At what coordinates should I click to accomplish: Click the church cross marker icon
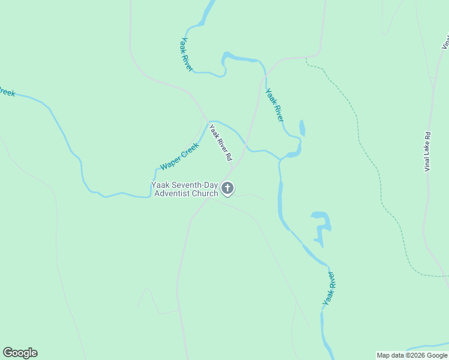coord(228,188)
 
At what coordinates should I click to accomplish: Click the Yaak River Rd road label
coord(220,142)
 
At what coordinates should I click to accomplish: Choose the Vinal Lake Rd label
coord(428,152)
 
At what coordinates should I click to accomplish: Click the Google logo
coord(20,353)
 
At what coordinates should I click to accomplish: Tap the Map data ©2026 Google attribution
coord(412,355)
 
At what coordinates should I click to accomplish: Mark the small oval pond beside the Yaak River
coord(302,128)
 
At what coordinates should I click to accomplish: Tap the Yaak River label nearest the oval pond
coord(274,105)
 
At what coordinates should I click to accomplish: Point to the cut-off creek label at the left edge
coord(6,92)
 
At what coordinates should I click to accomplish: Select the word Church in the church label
coord(205,193)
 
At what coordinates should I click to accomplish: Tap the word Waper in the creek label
coord(170,164)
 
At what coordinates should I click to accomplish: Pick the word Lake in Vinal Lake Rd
coord(428,151)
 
